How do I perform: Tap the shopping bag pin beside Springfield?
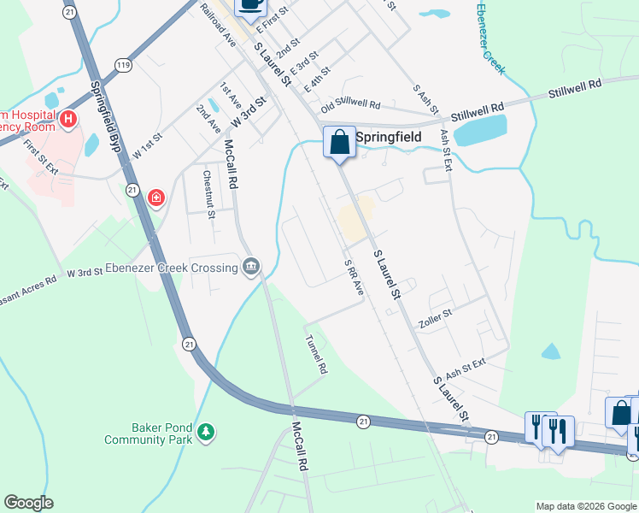coord(339,141)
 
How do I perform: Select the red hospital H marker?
coord(68,119)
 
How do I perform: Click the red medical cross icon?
coord(155,199)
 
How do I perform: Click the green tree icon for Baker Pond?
coord(205,433)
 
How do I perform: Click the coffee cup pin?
coord(250,4)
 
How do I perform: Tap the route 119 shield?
coord(124,64)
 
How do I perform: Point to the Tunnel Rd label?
coord(316,352)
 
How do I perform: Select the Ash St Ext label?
coord(465,368)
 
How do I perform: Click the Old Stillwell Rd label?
coord(350,104)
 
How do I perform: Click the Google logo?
coord(28,503)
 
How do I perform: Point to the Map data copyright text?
coord(585,505)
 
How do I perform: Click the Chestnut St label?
coord(208,193)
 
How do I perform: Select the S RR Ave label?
coord(354,278)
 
